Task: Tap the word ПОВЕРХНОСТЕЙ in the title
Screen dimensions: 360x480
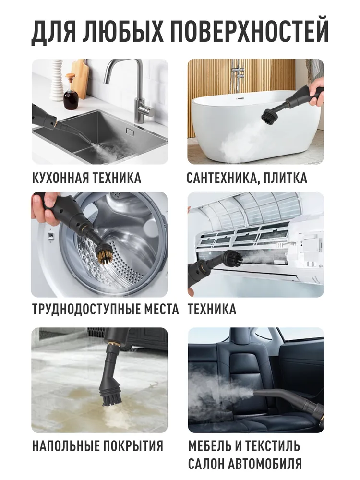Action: tap(249, 31)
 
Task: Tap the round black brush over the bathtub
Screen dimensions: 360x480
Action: tap(269, 116)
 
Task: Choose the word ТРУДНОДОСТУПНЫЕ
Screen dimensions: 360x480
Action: tap(79, 310)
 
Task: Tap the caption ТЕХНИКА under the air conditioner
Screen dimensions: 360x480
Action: tap(212, 309)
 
